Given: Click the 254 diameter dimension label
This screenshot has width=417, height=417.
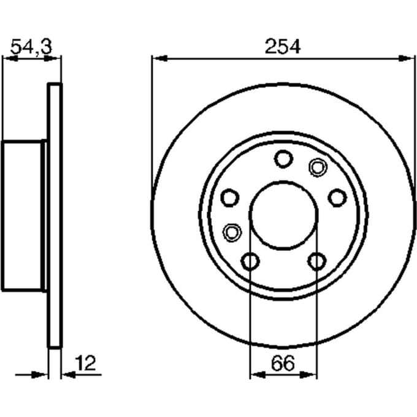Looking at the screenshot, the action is tap(283, 47).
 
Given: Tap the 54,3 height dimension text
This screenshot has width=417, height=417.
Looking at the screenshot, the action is tap(31, 47).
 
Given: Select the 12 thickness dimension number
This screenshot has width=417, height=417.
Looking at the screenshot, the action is tap(85, 363).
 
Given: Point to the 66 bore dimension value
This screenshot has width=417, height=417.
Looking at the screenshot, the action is tap(283, 363).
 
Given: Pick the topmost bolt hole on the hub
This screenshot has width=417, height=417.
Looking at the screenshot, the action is tap(283, 159).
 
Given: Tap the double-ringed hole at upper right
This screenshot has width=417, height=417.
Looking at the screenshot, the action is tap(318, 167).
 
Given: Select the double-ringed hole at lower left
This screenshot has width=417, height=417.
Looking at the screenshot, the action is tap(232, 232).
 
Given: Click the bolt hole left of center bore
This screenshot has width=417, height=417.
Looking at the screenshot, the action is tap(230, 197).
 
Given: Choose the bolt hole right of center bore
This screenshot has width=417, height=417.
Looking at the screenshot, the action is tap(337, 197).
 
